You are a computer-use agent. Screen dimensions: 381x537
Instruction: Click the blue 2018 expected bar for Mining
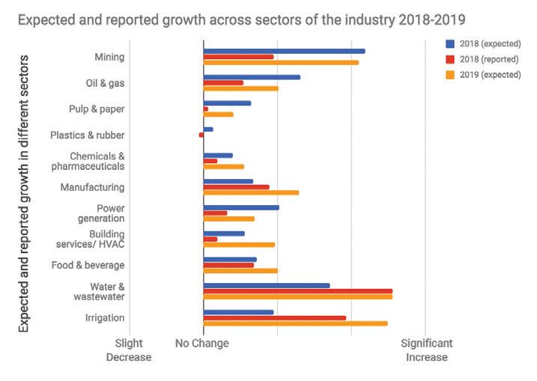point(284,51)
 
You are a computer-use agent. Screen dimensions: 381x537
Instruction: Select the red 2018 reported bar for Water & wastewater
point(297,291)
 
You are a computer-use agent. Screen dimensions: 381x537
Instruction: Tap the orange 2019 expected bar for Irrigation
point(295,323)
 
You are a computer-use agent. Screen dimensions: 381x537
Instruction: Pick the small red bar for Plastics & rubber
point(201,135)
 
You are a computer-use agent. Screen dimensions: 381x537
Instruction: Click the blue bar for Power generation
point(240,207)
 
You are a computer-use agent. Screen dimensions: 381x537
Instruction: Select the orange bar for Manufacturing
point(251,192)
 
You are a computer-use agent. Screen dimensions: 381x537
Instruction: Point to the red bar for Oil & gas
point(223,82)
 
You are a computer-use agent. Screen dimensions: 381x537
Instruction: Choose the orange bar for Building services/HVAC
point(239,245)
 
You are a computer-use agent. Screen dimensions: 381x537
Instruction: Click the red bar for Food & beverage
point(228,265)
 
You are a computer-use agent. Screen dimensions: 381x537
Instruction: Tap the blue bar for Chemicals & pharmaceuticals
point(218,156)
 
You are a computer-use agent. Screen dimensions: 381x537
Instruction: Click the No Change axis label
point(203,344)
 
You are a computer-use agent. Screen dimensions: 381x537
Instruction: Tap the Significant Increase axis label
point(426,350)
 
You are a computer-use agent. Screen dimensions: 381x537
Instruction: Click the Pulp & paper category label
point(97,109)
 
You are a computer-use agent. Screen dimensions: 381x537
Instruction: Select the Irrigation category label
point(105,318)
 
